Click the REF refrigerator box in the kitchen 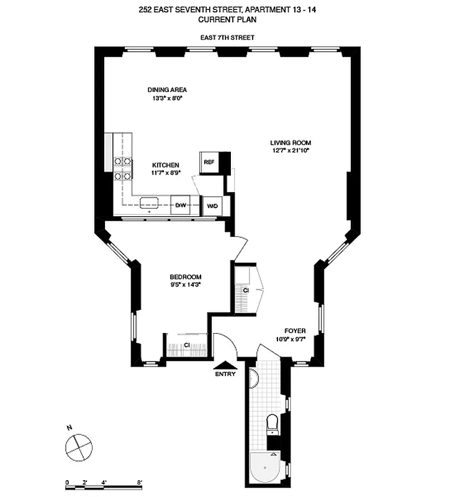point(209,162)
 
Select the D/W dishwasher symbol point(180,205)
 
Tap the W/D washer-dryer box point(212,205)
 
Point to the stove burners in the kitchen point(123,169)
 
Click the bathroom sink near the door point(253,377)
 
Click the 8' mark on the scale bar point(140,482)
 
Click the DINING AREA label point(167,89)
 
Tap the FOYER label point(294,331)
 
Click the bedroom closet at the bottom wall point(187,345)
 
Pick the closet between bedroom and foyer point(246,290)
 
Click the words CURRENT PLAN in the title point(227,20)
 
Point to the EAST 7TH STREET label point(227,38)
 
